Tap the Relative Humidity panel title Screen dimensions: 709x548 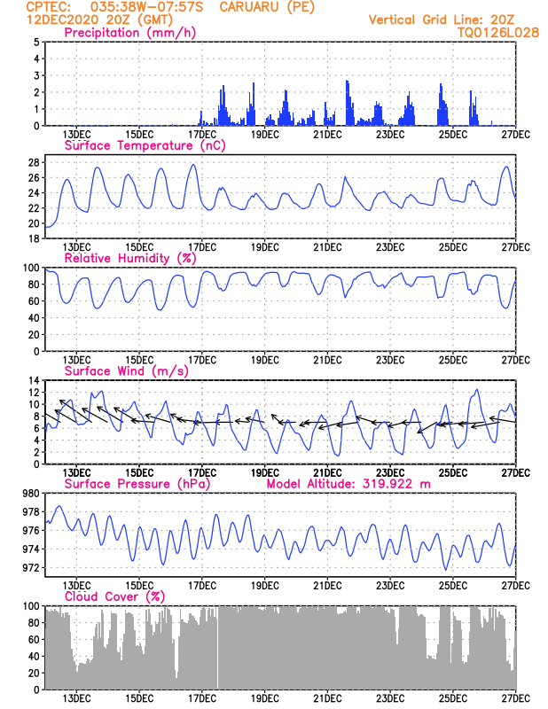coord(129,258)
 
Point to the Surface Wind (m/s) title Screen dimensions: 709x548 coord(120,370)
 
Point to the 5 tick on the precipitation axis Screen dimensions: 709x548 coord(35,42)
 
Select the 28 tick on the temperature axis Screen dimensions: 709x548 coord(32,162)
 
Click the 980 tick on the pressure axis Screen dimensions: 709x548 coord(29,493)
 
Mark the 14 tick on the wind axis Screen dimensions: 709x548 coord(32,380)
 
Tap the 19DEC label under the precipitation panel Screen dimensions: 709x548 coord(264,134)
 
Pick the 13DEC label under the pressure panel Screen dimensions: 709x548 coord(76,585)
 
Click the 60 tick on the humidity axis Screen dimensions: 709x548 coord(32,301)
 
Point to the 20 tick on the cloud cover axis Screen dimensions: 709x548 coord(32,673)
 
